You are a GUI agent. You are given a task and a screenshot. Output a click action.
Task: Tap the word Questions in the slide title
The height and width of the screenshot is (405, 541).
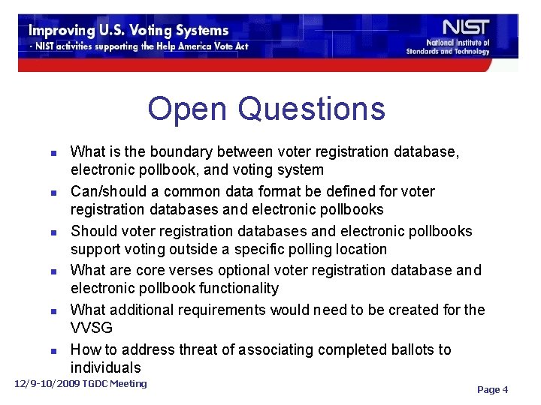tap(311, 109)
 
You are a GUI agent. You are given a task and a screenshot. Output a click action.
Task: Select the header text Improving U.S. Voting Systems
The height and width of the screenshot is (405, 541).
tap(128, 31)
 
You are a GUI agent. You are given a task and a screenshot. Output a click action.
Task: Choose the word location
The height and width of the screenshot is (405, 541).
tap(361, 249)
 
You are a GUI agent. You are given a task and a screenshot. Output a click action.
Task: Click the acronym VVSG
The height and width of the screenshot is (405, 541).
tap(92, 328)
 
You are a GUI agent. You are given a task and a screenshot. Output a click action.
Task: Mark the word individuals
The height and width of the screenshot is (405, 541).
tap(105, 367)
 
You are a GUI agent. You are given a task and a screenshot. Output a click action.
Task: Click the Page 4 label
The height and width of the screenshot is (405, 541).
tap(492, 389)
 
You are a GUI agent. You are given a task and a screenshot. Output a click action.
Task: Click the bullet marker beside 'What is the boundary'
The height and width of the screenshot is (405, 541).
tap(53, 153)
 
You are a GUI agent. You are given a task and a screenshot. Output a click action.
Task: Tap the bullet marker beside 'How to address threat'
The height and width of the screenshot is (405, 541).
tap(53, 350)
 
